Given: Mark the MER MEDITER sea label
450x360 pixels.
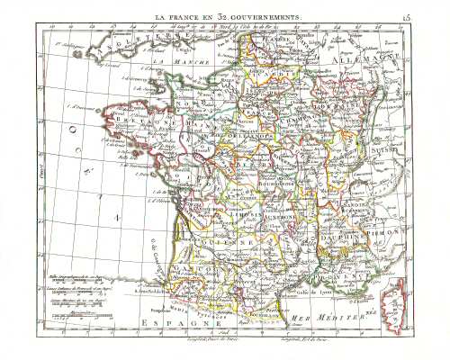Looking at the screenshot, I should pos(328,316).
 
